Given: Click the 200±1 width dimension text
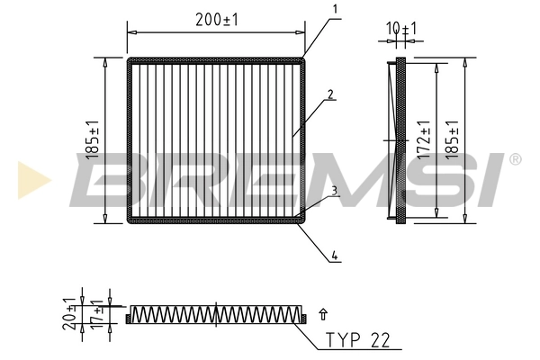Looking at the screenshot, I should point(216,18).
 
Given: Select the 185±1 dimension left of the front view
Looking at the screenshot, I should point(93,142).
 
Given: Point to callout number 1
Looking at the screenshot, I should point(334,10).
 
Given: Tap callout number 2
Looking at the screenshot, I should point(331,94).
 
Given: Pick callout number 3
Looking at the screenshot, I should point(334,190).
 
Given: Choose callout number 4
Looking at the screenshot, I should point(334,256).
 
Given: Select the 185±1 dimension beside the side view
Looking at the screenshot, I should point(454,140).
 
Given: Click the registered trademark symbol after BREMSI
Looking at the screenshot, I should point(515,159).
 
